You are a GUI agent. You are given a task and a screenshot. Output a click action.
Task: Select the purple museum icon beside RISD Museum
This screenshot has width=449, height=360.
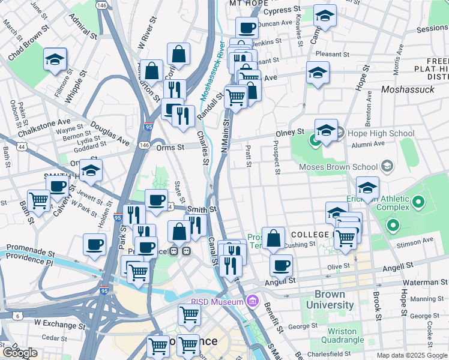(x=252, y=299)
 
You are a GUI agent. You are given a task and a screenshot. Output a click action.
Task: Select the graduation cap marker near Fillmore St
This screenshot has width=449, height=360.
(x=55, y=59)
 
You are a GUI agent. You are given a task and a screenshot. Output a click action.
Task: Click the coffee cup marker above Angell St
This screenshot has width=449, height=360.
(x=280, y=265)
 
